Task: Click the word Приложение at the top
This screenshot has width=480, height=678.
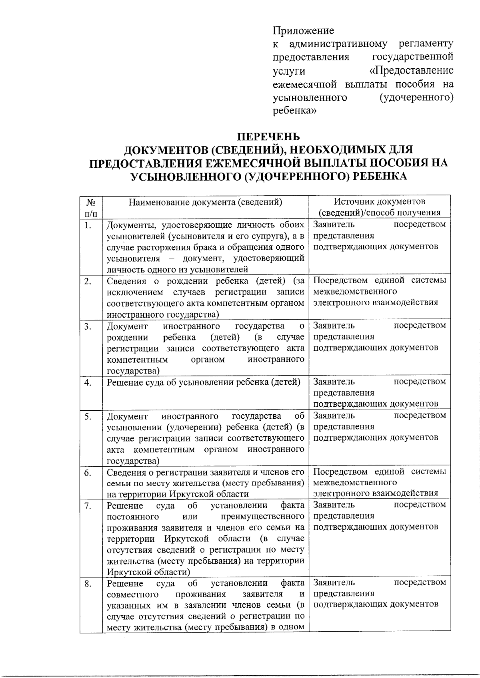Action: pos(303,30)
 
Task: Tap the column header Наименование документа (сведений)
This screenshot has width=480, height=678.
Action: pos(206,202)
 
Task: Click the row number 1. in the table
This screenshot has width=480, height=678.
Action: pos(88,225)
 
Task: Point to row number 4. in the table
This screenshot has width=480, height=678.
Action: pos(88,382)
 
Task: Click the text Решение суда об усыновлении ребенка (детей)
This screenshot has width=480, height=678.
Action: pos(204,382)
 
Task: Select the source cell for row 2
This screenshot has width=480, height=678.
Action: pos(379,291)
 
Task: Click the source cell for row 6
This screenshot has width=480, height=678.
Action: pos(379,482)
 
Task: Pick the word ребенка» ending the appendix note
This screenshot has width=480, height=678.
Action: pos(294,111)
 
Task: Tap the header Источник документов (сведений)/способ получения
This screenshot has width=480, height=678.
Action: pos(380,207)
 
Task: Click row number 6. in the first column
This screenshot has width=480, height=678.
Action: pos(88,473)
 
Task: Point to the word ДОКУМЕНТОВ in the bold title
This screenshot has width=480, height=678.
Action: pos(164,150)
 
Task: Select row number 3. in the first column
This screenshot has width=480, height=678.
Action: pos(88,326)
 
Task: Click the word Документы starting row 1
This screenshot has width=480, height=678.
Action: pos(127,225)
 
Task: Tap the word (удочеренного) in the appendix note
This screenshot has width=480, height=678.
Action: pos(416,97)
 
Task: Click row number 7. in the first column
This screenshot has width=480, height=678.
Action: pos(88,506)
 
